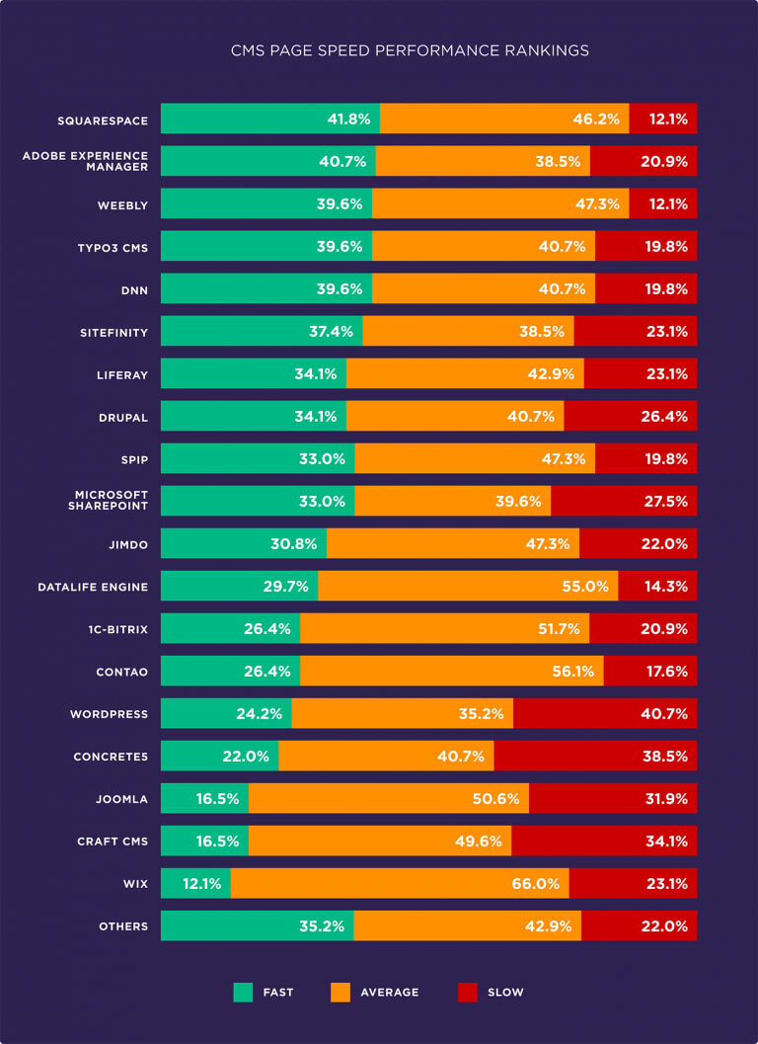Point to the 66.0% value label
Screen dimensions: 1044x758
[535, 883]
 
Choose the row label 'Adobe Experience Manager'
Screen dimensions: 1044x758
[85, 161]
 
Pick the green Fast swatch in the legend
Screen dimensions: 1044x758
[243, 992]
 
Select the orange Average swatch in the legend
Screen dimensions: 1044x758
[340, 992]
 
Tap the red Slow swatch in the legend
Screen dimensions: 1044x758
[468, 992]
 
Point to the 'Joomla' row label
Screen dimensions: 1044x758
[122, 798]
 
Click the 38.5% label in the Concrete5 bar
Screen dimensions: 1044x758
[663, 756]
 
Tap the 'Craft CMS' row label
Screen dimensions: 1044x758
[113, 841]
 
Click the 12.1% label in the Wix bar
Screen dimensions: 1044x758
[201, 883]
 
